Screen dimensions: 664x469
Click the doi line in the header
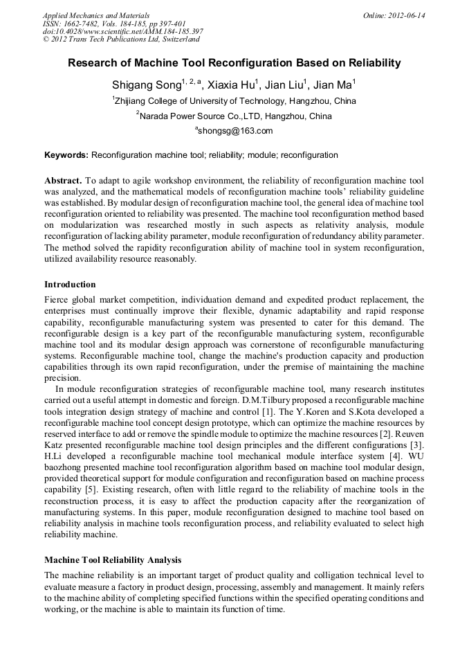click(x=123, y=31)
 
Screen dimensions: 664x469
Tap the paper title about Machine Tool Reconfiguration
click(x=234, y=63)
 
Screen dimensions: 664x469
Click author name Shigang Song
click(x=146, y=85)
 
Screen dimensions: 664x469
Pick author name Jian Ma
click(x=333, y=85)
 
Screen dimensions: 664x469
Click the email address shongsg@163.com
click(x=234, y=131)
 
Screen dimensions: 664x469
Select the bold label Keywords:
click(x=66, y=155)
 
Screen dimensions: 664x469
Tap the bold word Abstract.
click(x=63, y=179)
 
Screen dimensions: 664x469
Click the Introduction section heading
click(x=70, y=285)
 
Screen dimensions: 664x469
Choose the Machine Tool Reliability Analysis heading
click(x=112, y=559)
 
